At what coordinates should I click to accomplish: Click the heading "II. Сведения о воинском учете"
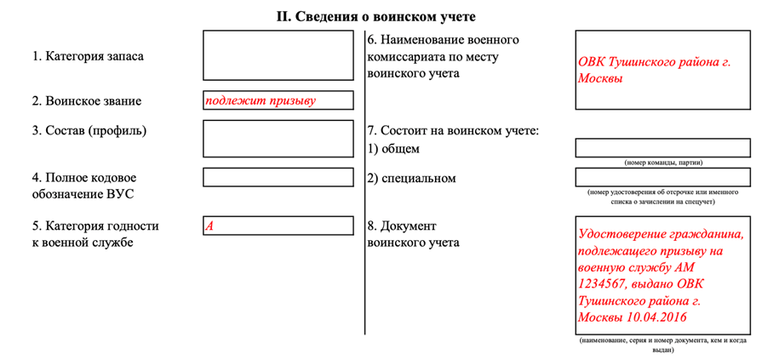[x=388, y=16]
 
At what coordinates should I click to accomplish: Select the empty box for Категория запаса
[x=278, y=55]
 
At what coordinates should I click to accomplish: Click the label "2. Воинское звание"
[x=87, y=101]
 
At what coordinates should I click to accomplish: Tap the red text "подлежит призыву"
[x=260, y=100]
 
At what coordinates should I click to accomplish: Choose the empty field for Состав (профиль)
[x=278, y=139]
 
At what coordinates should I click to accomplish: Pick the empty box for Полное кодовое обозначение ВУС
[x=278, y=177]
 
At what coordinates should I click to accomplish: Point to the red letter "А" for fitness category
[x=209, y=226]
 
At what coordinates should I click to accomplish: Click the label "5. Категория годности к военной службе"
[x=95, y=234]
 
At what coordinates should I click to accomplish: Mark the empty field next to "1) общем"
[x=662, y=148]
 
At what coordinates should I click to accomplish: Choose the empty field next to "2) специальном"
[x=662, y=177]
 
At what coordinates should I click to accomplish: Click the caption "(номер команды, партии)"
[x=662, y=162]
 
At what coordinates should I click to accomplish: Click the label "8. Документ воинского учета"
[x=414, y=234]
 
